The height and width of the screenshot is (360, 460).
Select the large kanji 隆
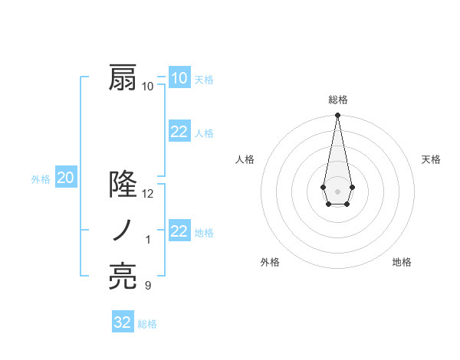tap(123, 185)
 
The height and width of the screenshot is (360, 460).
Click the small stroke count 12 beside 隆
tap(148, 194)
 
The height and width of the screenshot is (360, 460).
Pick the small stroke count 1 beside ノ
tap(148, 240)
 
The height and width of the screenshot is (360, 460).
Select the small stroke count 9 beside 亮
tap(148, 286)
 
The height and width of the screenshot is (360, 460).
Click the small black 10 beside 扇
tap(148, 87)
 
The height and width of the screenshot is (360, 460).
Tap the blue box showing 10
tap(179, 78)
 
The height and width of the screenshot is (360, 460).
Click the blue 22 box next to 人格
tap(179, 132)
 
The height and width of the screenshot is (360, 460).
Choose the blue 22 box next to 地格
tap(179, 231)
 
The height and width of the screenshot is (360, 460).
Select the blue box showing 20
tap(65, 178)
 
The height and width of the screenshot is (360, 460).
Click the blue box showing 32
tap(123, 322)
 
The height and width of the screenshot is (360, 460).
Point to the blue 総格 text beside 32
tap(147, 324)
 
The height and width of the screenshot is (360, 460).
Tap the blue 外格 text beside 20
tap(41, 179)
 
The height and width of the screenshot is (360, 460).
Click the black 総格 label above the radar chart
tap(337, 100)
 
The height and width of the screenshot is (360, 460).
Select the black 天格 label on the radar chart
tap(431, 159)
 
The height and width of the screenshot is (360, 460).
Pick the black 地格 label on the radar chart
tap(402, 262)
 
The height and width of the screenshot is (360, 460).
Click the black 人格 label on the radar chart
tap(245, 159)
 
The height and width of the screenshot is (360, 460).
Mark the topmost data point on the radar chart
tap(337, 116)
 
